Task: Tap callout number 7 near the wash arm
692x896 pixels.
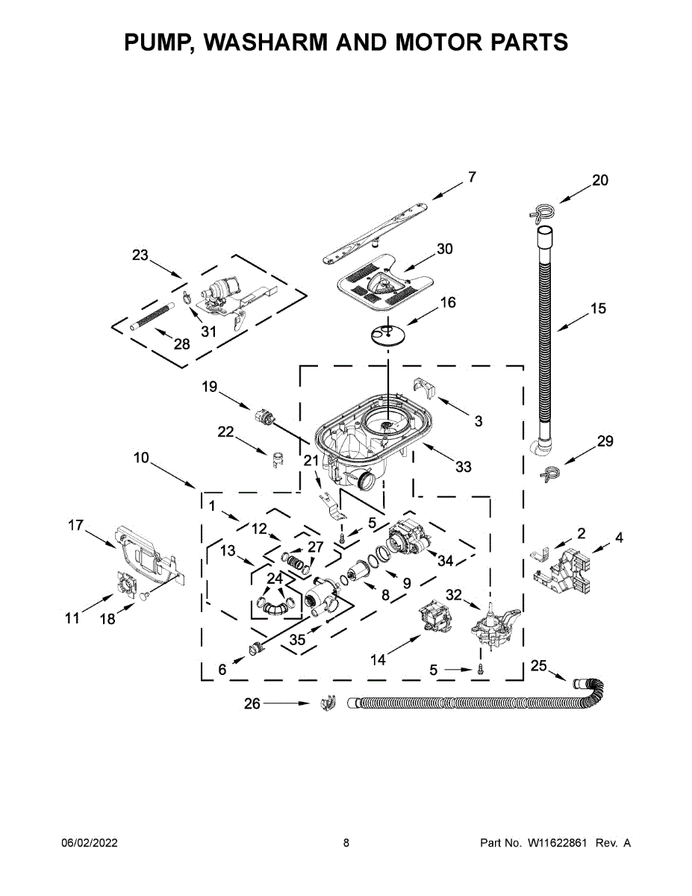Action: tap(472, 177)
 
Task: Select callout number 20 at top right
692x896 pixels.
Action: tap(600, 180)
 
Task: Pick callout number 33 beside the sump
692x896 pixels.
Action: tap(464, 467)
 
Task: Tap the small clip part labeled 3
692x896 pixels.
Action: tap(425, 388)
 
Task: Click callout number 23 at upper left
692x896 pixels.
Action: tap(140, 255)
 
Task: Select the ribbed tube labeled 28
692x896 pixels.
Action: tap(152, 317)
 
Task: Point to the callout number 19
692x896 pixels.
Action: tap(209, 387)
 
